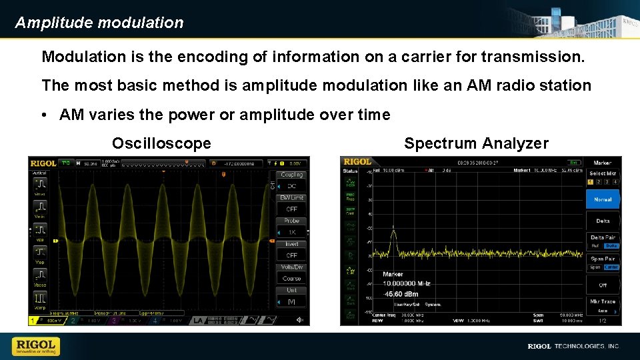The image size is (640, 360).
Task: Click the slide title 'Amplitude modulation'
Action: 99,23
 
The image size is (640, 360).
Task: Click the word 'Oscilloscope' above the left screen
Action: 161,143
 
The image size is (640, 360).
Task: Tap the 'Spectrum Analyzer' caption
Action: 476,143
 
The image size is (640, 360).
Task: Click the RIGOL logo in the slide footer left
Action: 35,346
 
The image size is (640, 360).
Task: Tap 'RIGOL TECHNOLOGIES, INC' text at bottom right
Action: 573,347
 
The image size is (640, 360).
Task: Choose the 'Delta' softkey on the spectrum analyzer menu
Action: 602,221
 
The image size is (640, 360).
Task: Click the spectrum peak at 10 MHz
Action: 393,230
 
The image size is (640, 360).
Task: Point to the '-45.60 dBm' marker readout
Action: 401,293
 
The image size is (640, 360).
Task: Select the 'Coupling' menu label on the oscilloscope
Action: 291,175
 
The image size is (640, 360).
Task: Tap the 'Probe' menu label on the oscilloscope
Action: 291,221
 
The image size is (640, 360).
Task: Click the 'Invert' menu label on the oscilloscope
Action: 291,244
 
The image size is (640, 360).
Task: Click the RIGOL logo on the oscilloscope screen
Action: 43,162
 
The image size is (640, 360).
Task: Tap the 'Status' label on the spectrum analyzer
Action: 350,171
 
